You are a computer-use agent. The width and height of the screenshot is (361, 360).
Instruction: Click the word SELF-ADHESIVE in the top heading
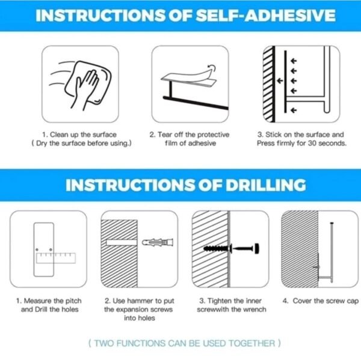[x=265, y=16]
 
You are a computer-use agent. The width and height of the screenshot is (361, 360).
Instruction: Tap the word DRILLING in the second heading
[x=266, y=185]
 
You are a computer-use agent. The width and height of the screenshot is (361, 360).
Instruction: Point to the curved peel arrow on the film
[x=211, y=68]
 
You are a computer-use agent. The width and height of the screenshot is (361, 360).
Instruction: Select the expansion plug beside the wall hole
[x=158, y=242]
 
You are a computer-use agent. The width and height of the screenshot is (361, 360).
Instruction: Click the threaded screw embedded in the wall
[x=217, y=248]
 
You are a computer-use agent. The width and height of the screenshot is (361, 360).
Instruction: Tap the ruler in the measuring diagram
[x=56, y=258]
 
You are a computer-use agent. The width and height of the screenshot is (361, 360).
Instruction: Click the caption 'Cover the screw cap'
[x=326, y=301]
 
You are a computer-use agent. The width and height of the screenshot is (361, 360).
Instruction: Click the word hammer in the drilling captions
[x=140, y=301]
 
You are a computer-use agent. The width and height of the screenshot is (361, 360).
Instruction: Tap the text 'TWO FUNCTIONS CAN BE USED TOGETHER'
[x=185, y=343]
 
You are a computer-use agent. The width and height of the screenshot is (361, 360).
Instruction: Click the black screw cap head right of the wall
[x=256, y=248]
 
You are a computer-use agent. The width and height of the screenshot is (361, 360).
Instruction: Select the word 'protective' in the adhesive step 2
[x=214, y=135]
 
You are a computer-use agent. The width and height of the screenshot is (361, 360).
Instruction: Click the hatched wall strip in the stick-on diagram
[x=269, y=84]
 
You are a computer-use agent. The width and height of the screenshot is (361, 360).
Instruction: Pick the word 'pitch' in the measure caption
[x=73, y=301]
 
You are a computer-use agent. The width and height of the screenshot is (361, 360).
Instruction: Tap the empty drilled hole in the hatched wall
[x=122, y=243]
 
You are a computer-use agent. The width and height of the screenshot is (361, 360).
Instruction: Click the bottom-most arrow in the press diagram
[x=294, y=111]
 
